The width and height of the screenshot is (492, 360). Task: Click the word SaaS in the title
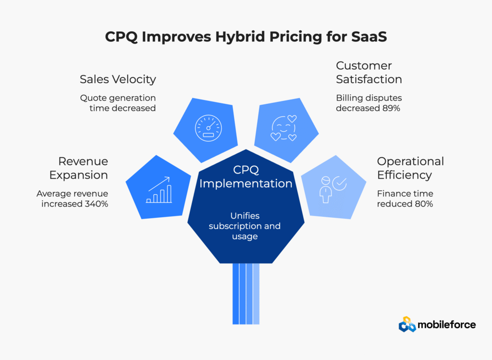(x=369, y=37)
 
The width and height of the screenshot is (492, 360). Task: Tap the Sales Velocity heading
(x=118, y=79)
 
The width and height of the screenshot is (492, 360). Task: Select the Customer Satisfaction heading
(x=369, y=73)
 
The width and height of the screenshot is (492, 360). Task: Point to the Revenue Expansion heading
(x=78, y=168)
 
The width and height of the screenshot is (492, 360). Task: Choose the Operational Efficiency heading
(x=410, y=168)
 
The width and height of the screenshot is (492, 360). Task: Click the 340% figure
(x=96, y=204)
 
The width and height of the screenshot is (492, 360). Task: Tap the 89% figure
(x=391, y=108)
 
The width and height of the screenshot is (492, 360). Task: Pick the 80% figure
(x=424, y=204)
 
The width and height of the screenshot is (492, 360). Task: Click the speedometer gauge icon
(x=209, y=128)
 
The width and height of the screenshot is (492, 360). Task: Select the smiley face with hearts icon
(x=283, y=128)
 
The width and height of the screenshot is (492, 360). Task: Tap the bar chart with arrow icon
(x=159, y=190)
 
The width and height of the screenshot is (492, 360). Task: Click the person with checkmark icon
(x=333, y=189)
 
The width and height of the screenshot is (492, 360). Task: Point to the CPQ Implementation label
(x=246, y=177)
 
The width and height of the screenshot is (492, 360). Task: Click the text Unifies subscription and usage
(x=245, y=226)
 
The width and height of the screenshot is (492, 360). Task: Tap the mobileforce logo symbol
(x=407, y=324)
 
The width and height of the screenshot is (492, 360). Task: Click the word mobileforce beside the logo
(x=447, y=324)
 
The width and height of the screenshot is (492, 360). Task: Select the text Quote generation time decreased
(x=118, y=103)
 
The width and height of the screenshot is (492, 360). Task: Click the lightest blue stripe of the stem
(x=257, y=294)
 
